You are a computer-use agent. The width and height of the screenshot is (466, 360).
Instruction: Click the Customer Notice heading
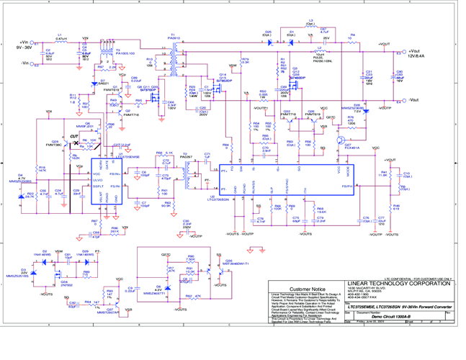[x=308, y=289]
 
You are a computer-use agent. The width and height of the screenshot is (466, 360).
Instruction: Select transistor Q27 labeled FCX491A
[x=351, y=147]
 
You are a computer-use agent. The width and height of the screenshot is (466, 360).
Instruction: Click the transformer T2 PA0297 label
[x=186, y=156]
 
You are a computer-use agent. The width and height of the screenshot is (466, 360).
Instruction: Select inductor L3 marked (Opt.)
[x=310, y=24]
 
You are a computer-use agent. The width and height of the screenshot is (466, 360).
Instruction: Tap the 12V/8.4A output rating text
[x=417, y=56]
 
